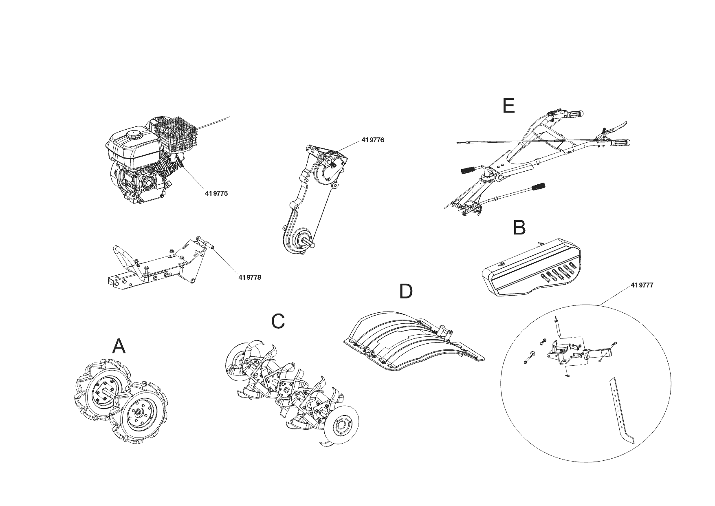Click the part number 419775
click(x=216, y=193)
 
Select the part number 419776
click(x=372, y=140)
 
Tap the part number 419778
click(x=249, y=277)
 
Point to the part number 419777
click(x=642, y=285)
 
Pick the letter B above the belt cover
click(x=519, y=228)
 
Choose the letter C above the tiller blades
click(x=278, y=321)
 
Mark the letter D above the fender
click(x=405, y=292)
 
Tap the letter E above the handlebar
click(x=508, y=106)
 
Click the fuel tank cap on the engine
click(x=133, y=134)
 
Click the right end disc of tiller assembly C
click(x=342, y=426)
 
